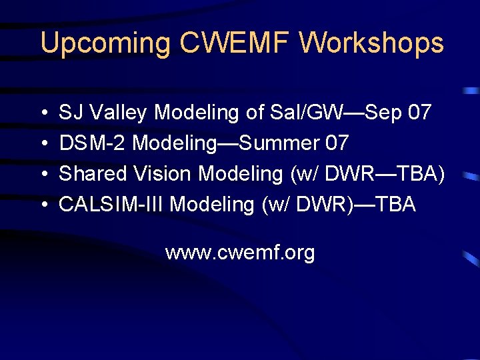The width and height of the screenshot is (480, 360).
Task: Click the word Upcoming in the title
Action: [x=106, y=44]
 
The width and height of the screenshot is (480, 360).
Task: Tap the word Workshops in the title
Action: [x=371, y=43]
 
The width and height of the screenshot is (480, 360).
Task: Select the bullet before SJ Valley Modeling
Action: [x=43, y=113]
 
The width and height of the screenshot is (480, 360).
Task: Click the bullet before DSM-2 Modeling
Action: [x=43, y=143]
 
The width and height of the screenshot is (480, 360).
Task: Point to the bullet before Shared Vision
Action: [x=43, y=174]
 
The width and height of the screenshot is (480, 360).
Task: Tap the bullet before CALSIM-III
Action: [x=43, y=205]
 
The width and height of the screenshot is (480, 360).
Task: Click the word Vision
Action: [x=162, y=173]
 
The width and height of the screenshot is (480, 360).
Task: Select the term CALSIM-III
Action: [x=111, y=204]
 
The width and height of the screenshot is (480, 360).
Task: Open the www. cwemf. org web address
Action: [x=240, y=253]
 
